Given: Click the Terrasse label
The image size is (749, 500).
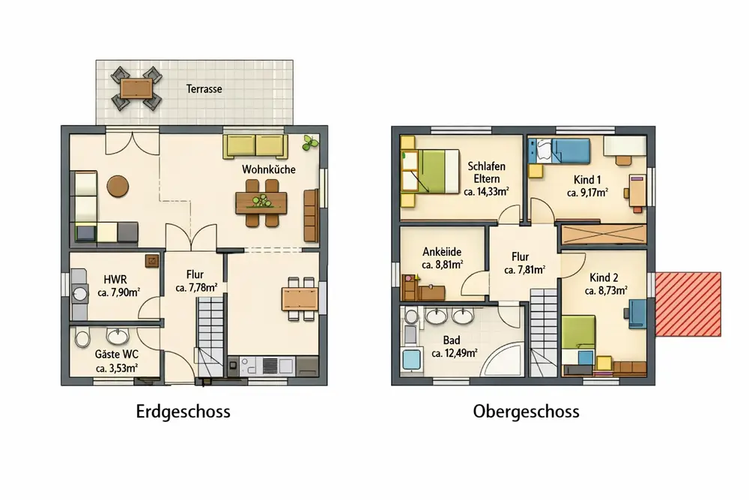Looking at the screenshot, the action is (x=204, y=89).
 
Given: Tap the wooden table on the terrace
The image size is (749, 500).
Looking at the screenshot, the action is (x=136, y=88).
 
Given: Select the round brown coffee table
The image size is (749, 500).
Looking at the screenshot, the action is (x=118, y=186).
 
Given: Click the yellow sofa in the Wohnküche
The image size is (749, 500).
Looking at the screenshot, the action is (x=255, y=145).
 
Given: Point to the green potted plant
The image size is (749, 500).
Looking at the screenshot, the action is (x=309, y=143).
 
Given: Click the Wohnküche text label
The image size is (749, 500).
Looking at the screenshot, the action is (x=268, y=169).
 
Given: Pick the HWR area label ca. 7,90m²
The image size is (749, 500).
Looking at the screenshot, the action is (x=118, y=292).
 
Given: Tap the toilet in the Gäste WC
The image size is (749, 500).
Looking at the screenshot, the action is (x=82, y=338).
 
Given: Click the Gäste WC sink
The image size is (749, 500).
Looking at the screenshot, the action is (x=118, y=336).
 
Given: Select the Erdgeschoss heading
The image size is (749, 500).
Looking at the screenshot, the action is (x=183, y=412).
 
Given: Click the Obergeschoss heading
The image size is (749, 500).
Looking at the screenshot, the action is (x=526, y=412).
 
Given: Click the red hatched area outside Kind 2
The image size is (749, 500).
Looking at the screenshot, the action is (x=688, y=304).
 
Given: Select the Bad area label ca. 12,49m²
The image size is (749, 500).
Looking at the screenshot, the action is (x=455, y=354).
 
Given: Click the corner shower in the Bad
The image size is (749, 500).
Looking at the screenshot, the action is (x=504, y=358).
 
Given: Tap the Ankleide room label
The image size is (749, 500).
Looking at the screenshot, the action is (x=442, y=252).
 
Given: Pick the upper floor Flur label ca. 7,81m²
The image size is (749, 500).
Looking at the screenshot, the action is (x=524, y=270).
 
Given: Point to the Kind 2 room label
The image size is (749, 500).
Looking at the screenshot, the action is (x=604, y=277).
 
